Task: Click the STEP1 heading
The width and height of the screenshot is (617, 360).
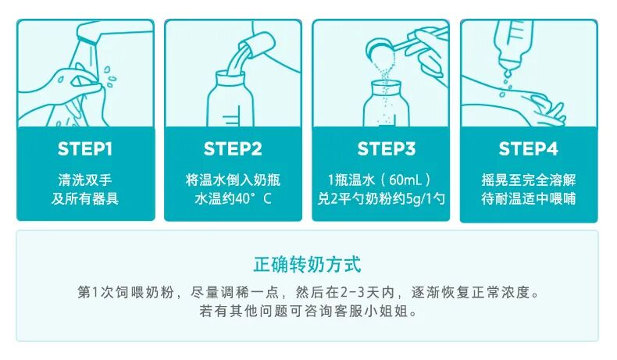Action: (85, 148)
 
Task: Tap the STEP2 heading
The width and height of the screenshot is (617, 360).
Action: (233, 148)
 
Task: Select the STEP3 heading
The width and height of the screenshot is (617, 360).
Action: (386, 148)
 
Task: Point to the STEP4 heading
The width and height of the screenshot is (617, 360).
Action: (528, 148)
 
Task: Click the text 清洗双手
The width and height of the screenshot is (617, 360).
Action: (85, 180)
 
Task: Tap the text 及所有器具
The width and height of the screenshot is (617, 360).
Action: (85, 198)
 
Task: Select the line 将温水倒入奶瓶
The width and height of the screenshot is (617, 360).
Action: (233, 180)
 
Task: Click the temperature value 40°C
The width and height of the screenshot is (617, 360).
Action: (253, 198)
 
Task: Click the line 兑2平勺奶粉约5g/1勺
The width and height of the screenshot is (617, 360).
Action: (381, 198)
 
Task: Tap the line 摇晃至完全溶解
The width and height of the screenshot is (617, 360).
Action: (529, 180)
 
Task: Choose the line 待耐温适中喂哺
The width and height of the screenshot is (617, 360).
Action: (529, 198)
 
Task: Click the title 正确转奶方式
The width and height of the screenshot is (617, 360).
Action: (307, 265)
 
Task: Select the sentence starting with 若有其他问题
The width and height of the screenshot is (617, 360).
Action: (307, 312)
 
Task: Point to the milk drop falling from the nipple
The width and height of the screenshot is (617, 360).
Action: (508, 73)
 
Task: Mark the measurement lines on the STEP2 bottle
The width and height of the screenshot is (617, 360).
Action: (230, 120)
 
